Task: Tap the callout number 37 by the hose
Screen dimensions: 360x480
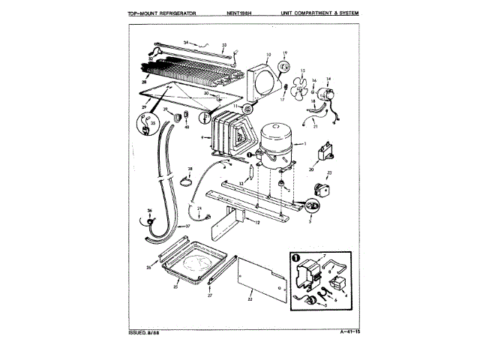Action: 188,226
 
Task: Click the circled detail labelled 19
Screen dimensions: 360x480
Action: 285,67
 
